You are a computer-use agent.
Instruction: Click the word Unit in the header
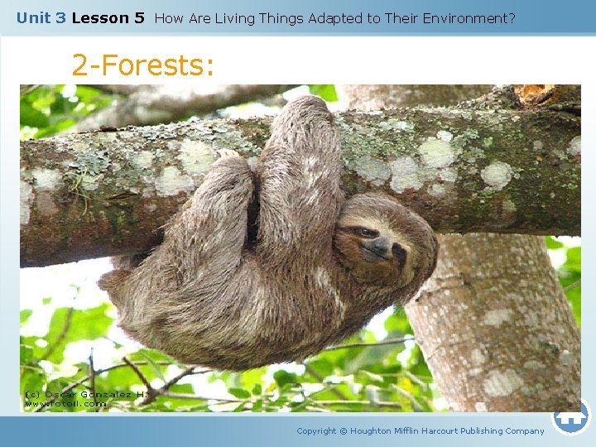[31, 17]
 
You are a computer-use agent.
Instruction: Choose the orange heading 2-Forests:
[142, 65]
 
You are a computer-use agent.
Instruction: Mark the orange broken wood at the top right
[535, 94]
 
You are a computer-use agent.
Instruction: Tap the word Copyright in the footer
[316, 430]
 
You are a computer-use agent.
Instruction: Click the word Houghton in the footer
[372, 430]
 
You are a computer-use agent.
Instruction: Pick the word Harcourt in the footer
[443, 430]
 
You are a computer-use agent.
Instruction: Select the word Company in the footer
[525, 430]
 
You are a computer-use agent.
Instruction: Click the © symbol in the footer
[344, 430]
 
